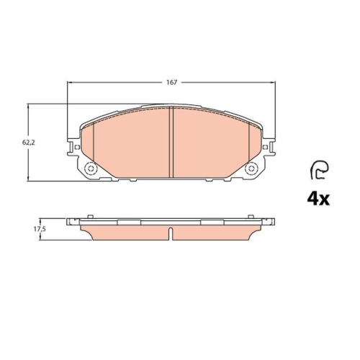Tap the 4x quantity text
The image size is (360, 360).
318,198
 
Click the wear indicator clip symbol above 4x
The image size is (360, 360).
318,169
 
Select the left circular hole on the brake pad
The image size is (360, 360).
91,169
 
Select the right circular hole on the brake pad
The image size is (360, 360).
252,169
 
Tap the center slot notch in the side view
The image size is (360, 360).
171,233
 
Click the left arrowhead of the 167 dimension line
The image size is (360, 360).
70,83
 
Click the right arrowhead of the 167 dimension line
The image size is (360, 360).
273,83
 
